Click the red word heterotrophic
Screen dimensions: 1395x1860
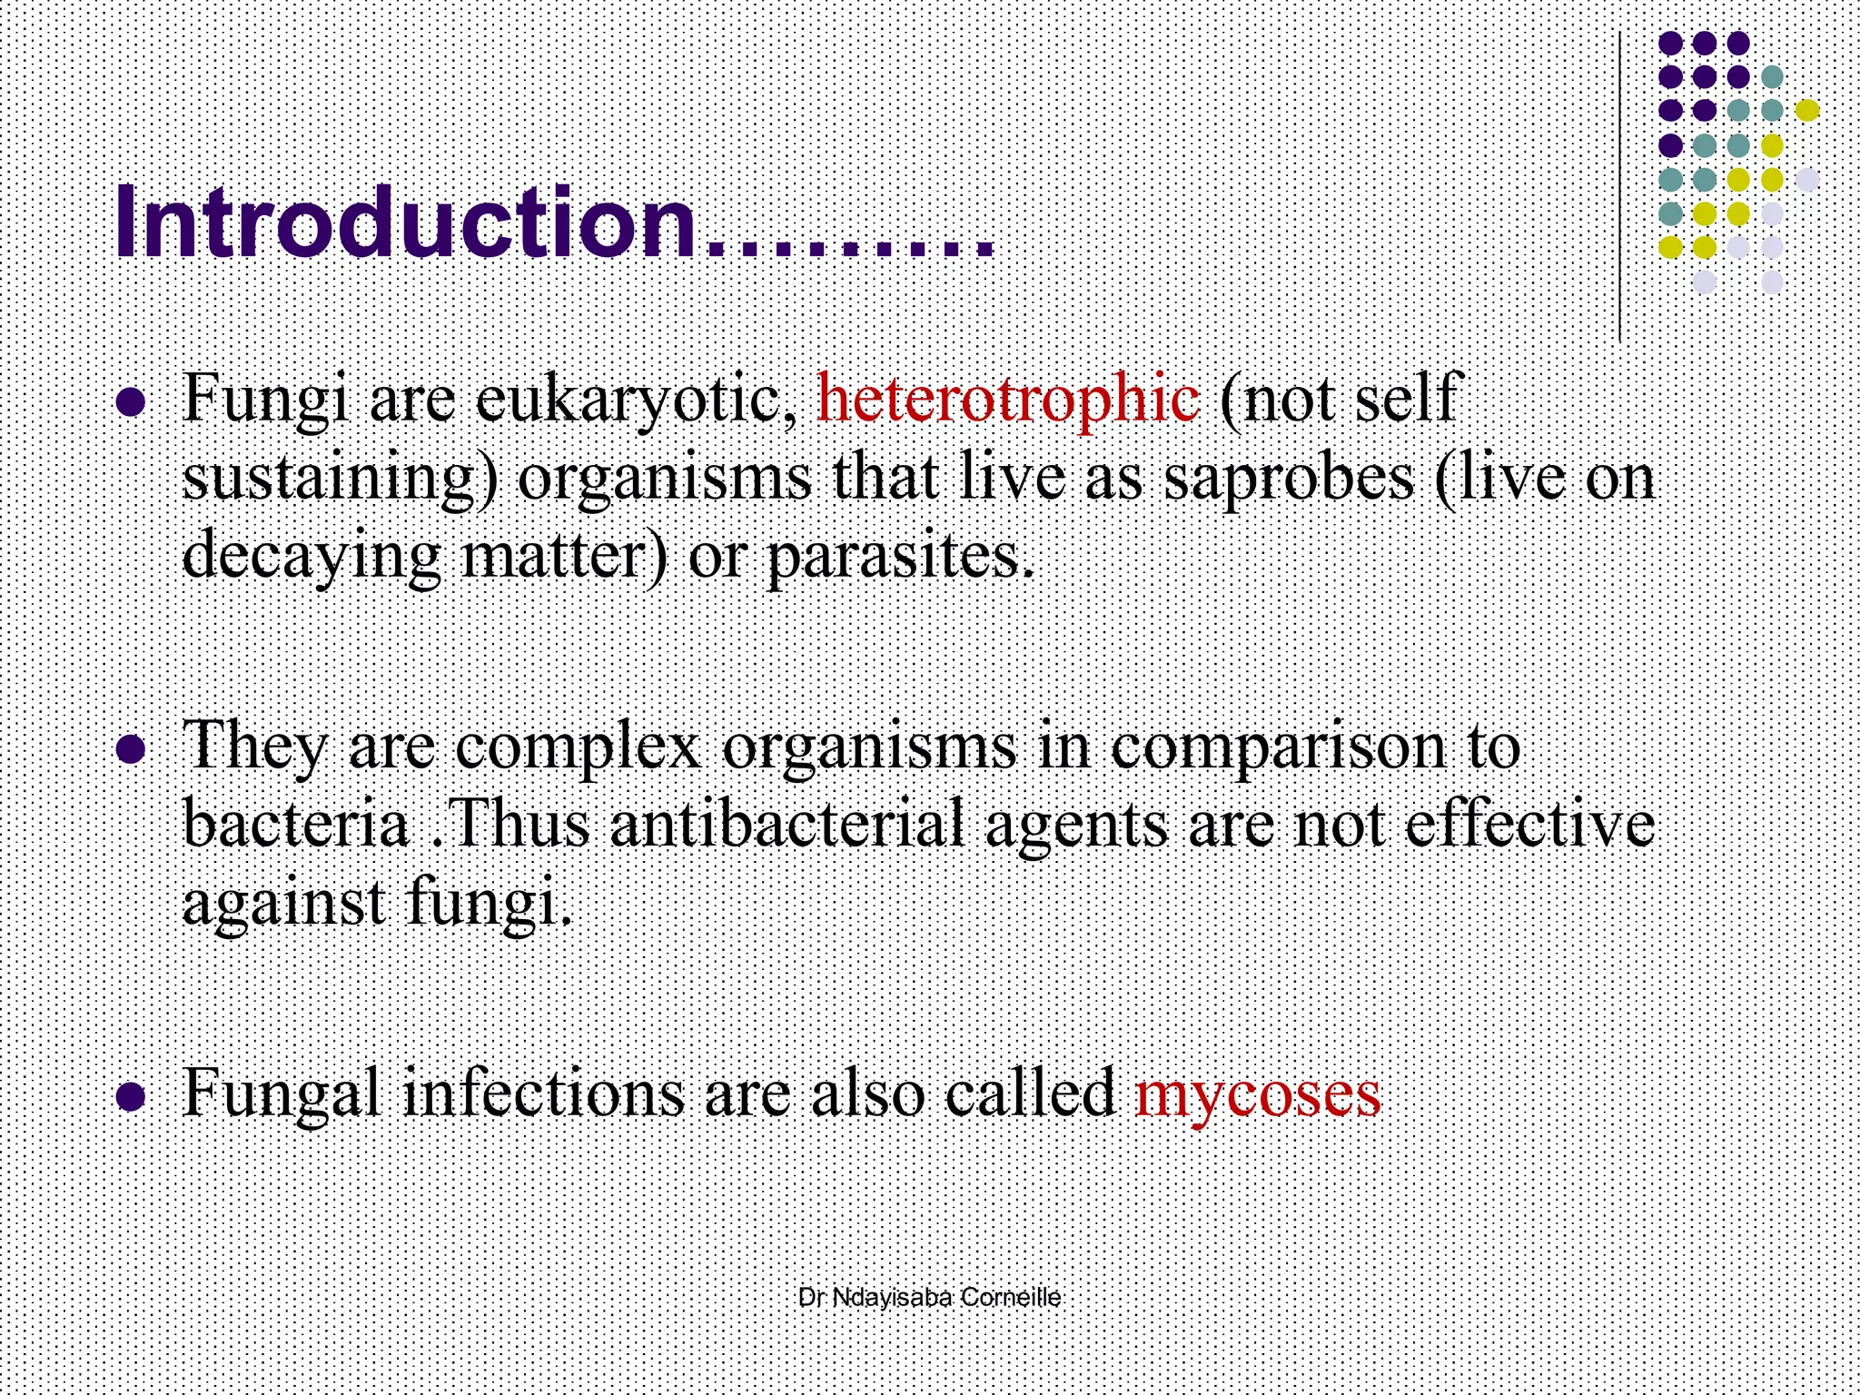coord(1007,399)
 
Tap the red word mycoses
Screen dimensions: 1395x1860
coord(1258,1093)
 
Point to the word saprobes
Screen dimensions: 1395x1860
coord(1289,479)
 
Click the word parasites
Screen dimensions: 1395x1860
coord(899,557)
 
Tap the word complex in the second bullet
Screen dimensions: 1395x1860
coord(578,747)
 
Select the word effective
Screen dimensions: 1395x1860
coord(1529,824)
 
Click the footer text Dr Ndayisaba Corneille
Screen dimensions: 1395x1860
coord(929,1298)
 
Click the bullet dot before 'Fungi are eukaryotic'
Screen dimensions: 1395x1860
coord(132,402)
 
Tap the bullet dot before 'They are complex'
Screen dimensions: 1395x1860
coord(132,749)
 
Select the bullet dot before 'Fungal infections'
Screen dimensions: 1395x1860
coord(132,1096)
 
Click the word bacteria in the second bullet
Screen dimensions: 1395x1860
coord(296,824)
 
